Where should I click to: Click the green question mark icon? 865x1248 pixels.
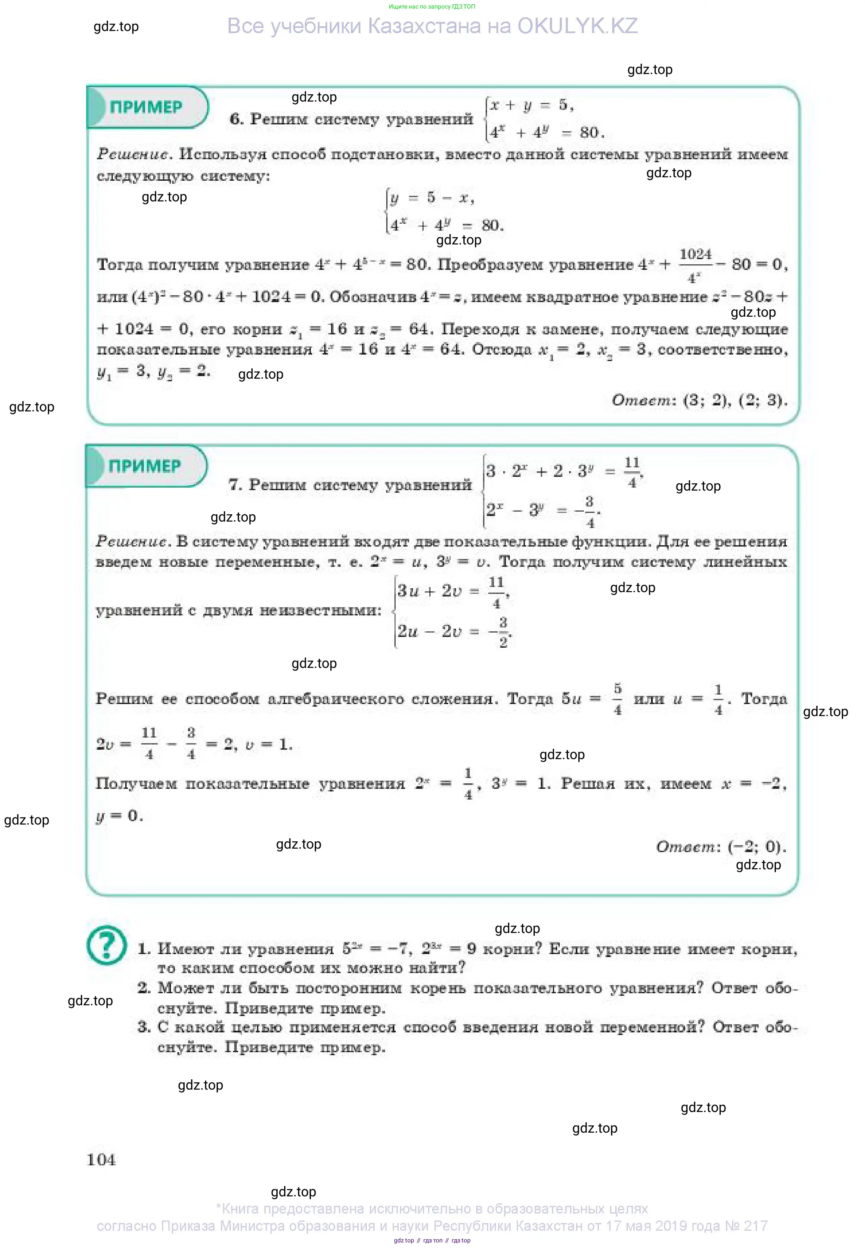pyautogui.click(x=107, y=946)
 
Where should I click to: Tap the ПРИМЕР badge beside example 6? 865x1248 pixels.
pyautogui.click(x=146, y=107)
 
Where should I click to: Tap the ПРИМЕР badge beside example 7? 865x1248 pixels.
pyautogui.click(x=145, y=466)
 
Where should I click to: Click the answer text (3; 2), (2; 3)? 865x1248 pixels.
pyautogui.click(x=735, y=400)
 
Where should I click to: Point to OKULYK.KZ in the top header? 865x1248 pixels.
pyautogui.click(x=577, y=26)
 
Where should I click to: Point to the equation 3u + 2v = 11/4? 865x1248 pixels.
pyautogui.click(x=453, y=591)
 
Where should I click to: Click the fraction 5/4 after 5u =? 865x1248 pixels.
pyautogui.click(x=617, y=699)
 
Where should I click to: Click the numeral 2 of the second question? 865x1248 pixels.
pyautogui.click(x=144, y=988)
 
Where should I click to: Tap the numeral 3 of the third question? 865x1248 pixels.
pyautogui.click(x=144, y=1027)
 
